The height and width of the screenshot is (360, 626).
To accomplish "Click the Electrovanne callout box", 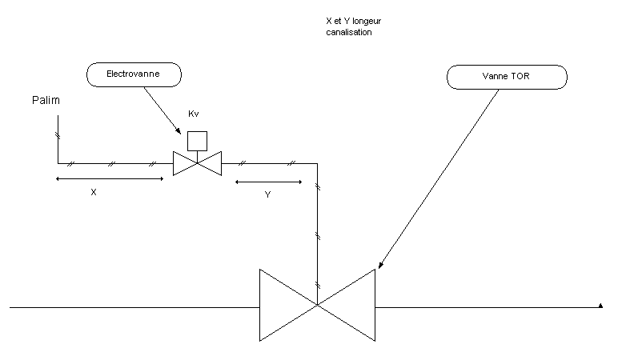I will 134,74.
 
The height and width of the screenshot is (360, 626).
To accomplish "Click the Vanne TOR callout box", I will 507,77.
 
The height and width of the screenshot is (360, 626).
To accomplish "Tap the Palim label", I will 45,101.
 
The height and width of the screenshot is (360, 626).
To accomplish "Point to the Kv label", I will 193,114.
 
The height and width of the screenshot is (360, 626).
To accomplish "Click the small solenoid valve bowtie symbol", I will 197,163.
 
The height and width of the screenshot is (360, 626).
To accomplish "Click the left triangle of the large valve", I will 281,305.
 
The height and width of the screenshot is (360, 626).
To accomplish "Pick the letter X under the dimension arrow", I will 94,193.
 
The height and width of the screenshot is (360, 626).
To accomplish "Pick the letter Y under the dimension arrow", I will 267,194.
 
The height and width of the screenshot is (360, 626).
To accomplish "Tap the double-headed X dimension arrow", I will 109,179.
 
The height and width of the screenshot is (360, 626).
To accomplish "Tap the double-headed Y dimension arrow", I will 268,182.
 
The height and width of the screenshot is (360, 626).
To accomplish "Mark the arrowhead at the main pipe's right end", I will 600,305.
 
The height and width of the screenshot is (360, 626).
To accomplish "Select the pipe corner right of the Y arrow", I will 318,163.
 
